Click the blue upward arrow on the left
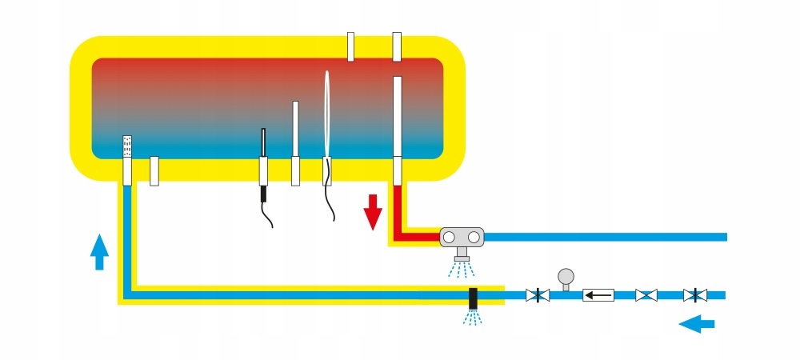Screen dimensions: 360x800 pos(99,251)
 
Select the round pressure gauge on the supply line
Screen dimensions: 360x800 pos(566,277)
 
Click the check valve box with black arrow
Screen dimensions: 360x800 pos(598,295)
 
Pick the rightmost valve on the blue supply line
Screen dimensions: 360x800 pos(694,295)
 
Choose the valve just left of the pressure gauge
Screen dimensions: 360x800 pos(538,295)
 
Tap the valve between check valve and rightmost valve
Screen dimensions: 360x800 pos(646,295)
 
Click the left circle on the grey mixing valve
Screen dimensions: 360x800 pos(450,237)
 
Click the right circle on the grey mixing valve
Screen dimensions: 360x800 pos(474,237)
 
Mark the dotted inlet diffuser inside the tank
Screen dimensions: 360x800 pos(126,146)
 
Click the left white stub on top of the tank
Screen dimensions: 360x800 pos(350,46)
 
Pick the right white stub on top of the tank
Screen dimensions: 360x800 pos(397,46)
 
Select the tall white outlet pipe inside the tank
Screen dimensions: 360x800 pos(397,120)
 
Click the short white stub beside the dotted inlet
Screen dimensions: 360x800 pos(155,171)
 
